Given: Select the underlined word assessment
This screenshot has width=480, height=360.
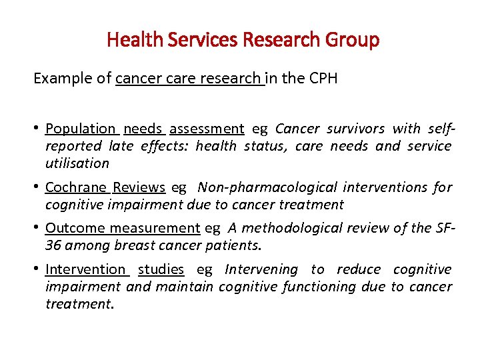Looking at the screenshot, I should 207,129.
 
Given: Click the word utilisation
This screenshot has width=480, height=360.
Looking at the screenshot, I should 77,163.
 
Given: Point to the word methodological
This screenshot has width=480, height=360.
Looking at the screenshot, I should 293,229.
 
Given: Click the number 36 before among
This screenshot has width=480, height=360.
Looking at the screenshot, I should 53,245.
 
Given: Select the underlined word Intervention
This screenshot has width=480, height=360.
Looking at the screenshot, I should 85,270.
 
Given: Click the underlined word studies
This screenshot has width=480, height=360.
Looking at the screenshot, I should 161,270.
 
